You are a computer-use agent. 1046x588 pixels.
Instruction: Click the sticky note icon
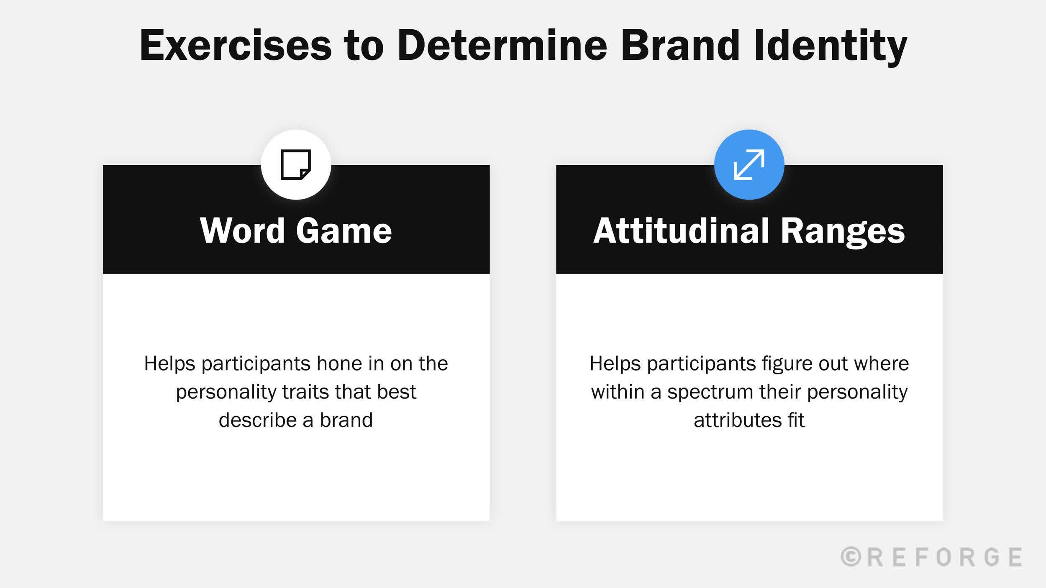296,164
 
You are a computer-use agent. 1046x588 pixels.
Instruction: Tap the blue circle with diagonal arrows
749,164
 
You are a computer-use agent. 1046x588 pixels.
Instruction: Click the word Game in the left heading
344,231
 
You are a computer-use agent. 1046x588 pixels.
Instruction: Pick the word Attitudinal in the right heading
681,231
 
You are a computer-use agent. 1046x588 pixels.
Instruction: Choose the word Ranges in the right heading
842,231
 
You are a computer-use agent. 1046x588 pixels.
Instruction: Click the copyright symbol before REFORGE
851,557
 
